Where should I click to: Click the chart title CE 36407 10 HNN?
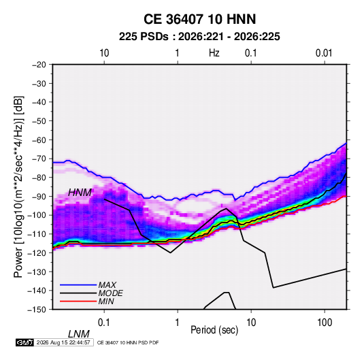click(199, 19)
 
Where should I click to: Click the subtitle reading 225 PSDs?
click(144, 37)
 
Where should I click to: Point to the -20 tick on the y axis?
click(39, 65)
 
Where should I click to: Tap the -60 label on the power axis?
click(39, 140)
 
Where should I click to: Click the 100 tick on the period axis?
click(325, 323)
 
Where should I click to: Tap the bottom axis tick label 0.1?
click(104, 323)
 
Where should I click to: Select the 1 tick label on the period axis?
click(178, 323)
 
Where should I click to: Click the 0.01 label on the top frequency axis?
click(324, 53)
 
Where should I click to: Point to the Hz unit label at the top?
click(214, 53)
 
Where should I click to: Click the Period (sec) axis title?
click(214, 330)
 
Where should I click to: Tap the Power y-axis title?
click(18, 186)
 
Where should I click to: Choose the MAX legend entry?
click(107, 285)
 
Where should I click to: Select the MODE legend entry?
click(110, 293)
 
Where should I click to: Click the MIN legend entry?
click(106, 301)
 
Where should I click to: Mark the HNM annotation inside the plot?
click(80, 193)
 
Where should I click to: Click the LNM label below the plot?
click(79, 334)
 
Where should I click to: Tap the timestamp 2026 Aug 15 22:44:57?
click(63, 342)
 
